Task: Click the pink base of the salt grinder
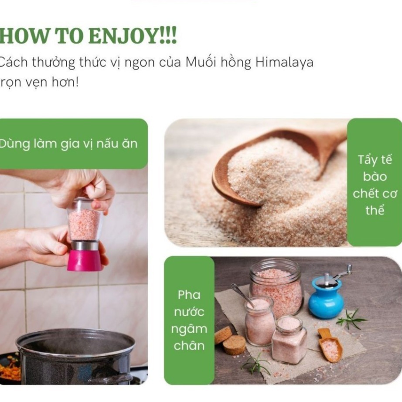click(x=84, y=260)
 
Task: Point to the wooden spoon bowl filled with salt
click(x=267, y=169)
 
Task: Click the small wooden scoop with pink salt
click(x=330, y=345)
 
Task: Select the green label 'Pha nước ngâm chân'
click(x=189, y=320)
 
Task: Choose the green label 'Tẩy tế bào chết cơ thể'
click(x=375, y=182)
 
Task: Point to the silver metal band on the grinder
click(x=84, y=245)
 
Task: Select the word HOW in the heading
click(x=24, y=36)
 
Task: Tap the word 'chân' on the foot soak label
click(x=189, y=346)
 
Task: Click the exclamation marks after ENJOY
click(x=168, y=36)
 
